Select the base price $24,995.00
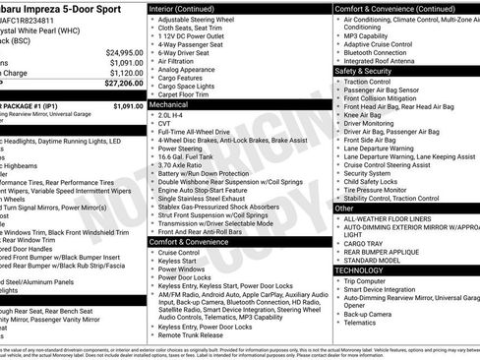point(125,51)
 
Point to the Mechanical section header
point(169,102)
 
